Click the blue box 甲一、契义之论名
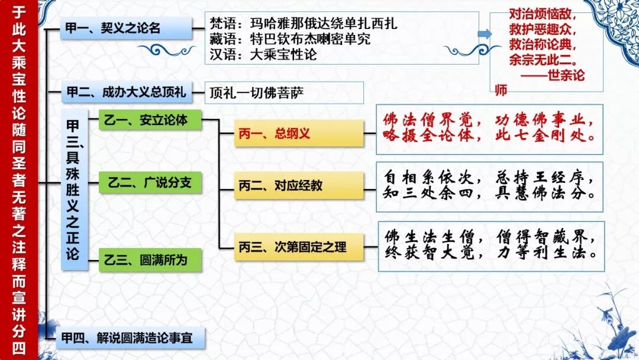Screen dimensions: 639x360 pyautogui.click(x=126, y=28)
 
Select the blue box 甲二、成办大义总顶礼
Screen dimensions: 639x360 pyautogui.click(x=125, y=92)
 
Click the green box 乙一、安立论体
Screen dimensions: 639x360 pyautogui.click(x=150, y=120)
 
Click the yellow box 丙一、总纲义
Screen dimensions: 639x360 pyautogui.click(x=298, y=134)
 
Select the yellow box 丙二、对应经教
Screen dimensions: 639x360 pyautogui.click(x=298, y=185)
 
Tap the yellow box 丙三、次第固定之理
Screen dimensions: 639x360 pyautogui.click(x=298, y=246)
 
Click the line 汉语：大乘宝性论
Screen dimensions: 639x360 pyautogui.click(x=264, y=55)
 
